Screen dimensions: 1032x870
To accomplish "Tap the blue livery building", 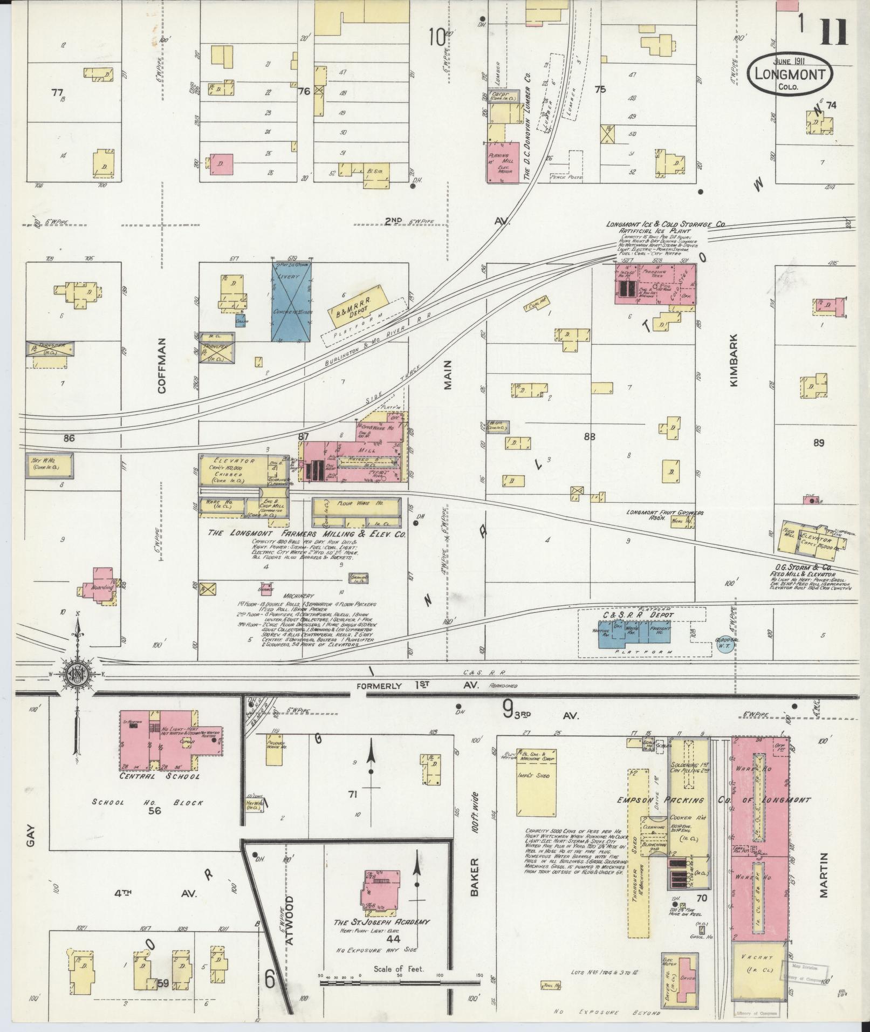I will point(291,302).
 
